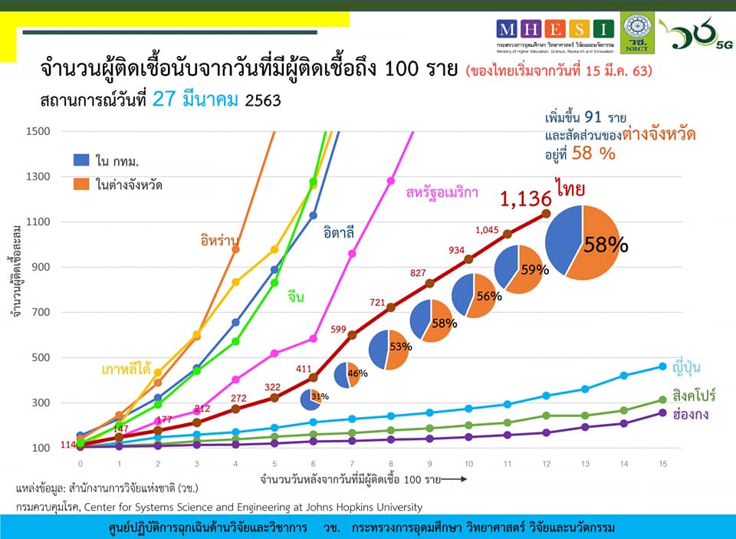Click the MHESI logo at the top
pos(556,30)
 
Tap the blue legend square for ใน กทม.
pos(82,159)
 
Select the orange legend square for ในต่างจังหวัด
pos(82,184)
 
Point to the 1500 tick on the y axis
pos(38,131)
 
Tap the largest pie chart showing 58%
pos(582,242)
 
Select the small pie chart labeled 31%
pos(310,399)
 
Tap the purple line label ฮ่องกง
pos(689,415)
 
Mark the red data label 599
pos(339,329)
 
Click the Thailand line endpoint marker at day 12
pos(546,213)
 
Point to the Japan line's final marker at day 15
pos(663,366)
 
